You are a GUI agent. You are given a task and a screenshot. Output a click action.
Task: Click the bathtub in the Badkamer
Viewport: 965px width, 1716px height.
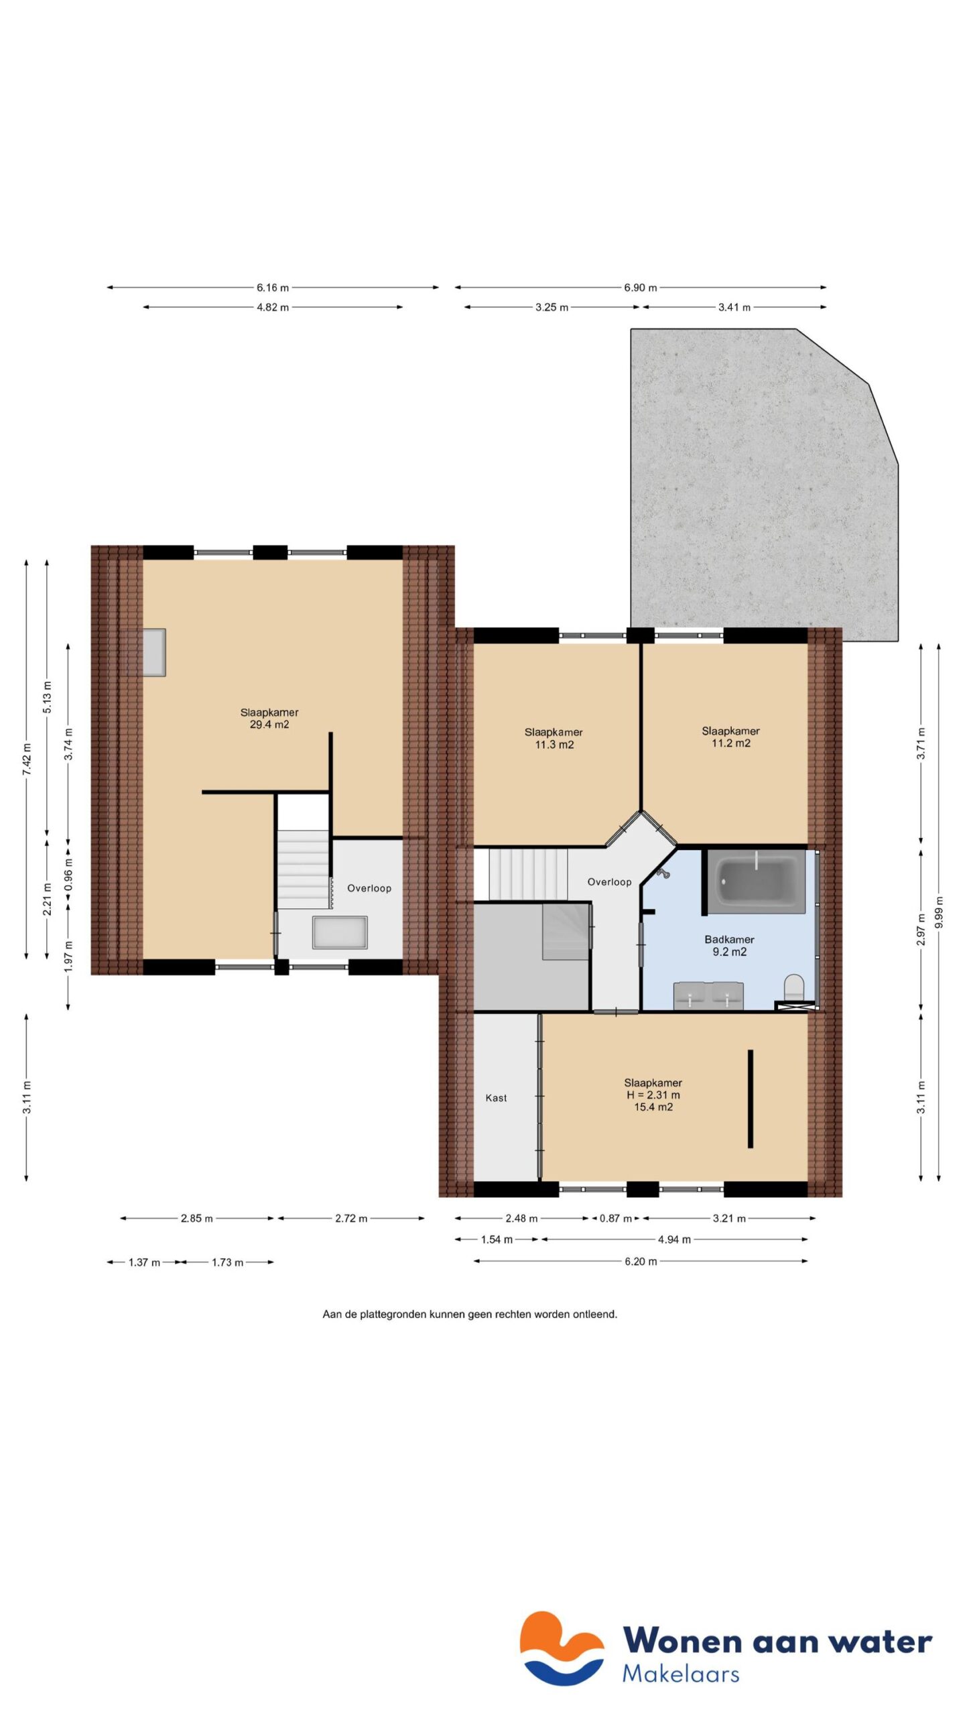756,881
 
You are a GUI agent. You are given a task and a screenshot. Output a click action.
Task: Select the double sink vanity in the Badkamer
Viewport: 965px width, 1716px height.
708,995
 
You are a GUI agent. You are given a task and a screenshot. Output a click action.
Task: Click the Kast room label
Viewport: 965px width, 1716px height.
496,1098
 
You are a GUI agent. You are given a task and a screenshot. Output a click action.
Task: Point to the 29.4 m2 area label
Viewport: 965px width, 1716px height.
269,725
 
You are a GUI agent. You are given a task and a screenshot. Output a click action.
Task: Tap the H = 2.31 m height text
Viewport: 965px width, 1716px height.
653,1095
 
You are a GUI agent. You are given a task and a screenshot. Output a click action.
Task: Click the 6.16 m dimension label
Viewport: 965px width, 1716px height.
272,288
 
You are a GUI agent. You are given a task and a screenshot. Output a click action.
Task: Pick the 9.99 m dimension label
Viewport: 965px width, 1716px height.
939,912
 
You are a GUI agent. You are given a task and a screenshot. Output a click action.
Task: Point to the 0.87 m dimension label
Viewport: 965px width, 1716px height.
615,1219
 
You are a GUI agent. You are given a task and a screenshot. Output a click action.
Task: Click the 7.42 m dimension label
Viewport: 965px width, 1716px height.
27,759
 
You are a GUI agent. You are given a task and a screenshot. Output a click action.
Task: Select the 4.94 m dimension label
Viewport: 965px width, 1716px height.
673,1239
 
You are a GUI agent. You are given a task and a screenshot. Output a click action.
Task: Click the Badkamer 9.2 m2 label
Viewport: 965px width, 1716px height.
729,946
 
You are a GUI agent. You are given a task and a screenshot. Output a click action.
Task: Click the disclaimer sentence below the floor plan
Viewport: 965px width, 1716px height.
470,1314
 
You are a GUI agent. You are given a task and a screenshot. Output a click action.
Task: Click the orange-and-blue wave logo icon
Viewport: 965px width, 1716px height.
562,1648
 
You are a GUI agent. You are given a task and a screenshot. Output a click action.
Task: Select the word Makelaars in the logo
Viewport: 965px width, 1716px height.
680,1674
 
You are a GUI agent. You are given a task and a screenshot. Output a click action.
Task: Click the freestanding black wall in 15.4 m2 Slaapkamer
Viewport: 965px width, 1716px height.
750,1099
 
